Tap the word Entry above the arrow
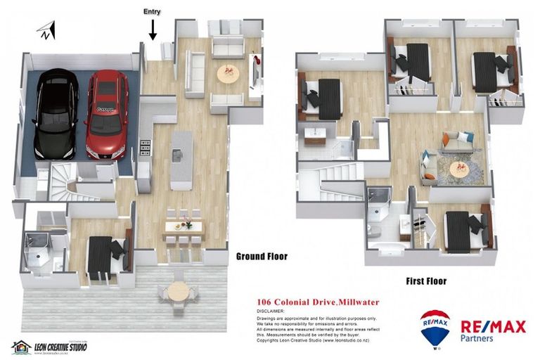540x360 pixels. coord(152,12)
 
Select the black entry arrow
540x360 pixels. coord(153,30)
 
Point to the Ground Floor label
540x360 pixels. coord(262,257)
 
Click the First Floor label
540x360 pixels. coord(426,281)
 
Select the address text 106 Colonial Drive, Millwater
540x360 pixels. coord(318,302)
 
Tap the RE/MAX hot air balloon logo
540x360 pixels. coord(435,328)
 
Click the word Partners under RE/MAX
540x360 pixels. coord(477,338)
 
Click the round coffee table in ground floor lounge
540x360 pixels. coord(228,72)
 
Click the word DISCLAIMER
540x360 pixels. coord(271,310)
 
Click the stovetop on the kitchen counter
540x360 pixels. coord(146,147)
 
